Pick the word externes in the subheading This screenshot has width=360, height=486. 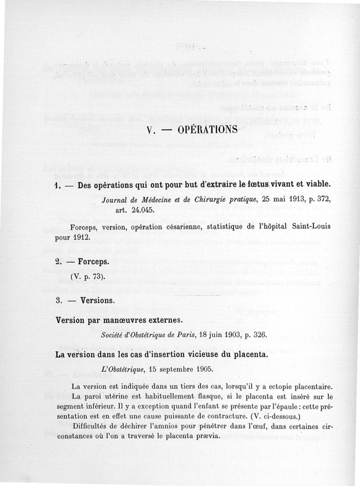[x=160, y=320]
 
